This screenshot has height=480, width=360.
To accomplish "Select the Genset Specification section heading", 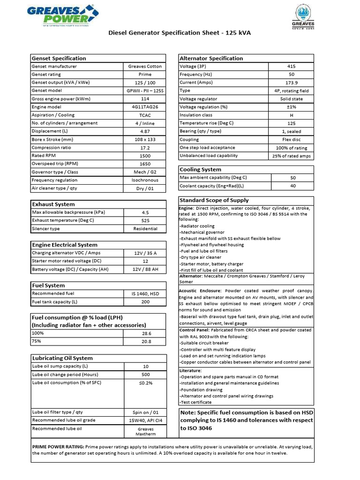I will tap(59, 58).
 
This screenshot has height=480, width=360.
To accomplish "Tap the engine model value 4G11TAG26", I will tap(145, 107).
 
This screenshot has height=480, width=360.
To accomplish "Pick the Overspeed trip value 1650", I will tap(145, 164).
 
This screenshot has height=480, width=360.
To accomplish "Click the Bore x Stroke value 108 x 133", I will tap(145, 140).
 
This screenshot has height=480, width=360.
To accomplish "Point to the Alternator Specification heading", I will tap(211, 58).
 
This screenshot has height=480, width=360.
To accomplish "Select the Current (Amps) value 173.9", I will tap(291, 82).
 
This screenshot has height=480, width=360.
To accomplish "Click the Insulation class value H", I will tap(291, 115).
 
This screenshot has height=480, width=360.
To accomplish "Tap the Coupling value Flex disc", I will tap(291, 140).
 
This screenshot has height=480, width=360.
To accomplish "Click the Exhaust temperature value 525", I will tap(145, 221).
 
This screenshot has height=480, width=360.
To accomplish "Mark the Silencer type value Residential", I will tap(145, 229).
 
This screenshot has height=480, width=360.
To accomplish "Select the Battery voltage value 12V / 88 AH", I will tap(145, 270).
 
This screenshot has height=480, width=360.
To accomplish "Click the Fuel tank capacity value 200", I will tap(145, 302).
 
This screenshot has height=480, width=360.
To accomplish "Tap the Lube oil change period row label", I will tap(65, 375).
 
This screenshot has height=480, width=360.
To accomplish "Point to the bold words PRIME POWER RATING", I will tap(58, 447).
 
